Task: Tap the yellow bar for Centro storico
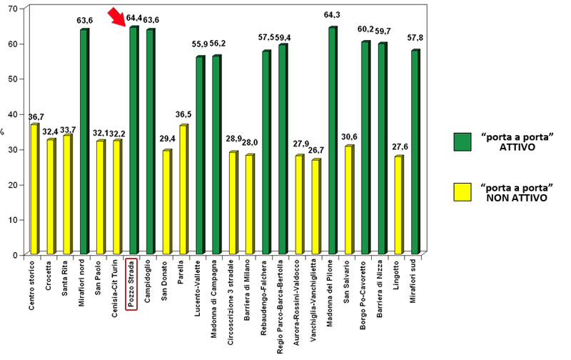tap(34, 189)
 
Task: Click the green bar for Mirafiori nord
tap(84, 142)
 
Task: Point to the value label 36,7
tap(34, 116)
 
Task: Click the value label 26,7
tap(315, 151)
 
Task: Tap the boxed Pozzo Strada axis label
tap(131, 284)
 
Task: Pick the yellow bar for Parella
tap(183, 189)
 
